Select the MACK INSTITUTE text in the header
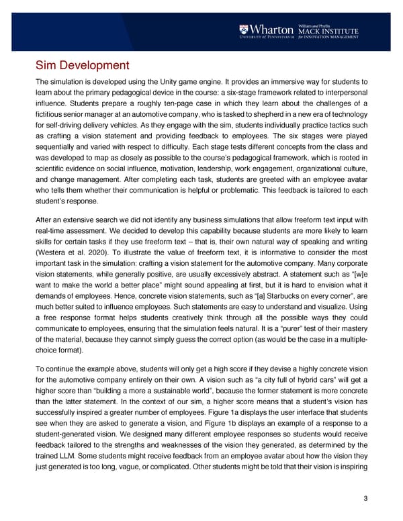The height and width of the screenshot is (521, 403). point(330,30)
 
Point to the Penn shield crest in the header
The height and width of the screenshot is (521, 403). point(243,30)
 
